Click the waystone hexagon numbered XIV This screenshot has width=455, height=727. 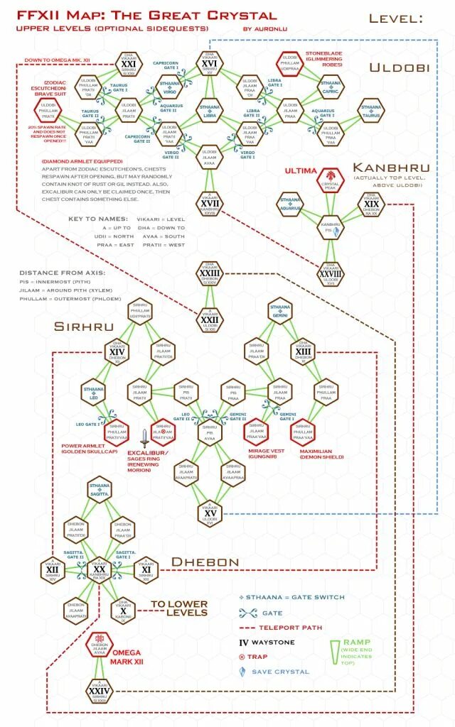pyautogui.click(x=118, y=351)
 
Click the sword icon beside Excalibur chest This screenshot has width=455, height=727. pyautogui.click(x=145, y=435)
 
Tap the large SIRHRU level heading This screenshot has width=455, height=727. pyautogui.click(x=83, y=327)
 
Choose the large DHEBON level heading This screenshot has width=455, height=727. pyautogui.click(x=205, y=562)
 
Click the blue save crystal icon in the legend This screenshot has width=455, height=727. pyautogui.click(x=242, y=671)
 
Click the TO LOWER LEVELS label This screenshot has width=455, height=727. pyautogui.click(x=178, y=608)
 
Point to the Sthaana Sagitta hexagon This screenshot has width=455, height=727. pyautogui.click(x=100, y=488)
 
